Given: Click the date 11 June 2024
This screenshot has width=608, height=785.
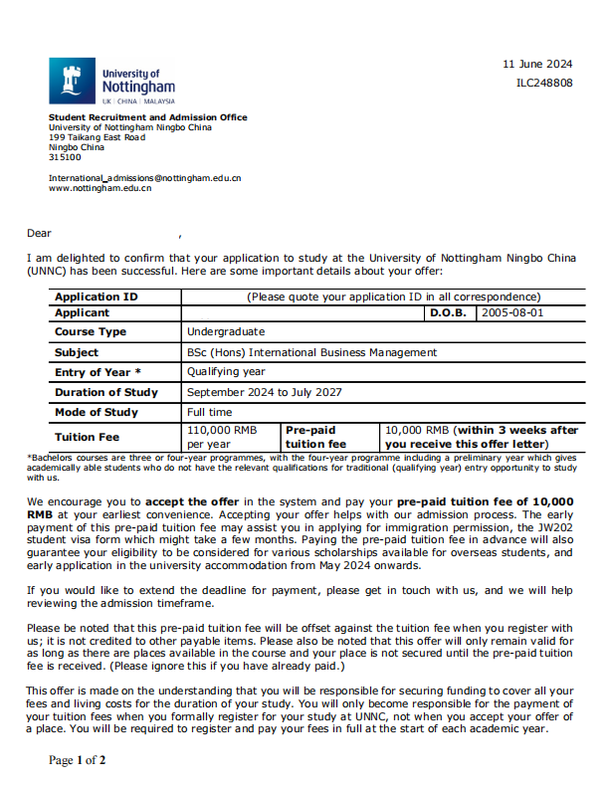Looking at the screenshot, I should (537, 64).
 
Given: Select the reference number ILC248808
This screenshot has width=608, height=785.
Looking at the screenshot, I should (544, 83).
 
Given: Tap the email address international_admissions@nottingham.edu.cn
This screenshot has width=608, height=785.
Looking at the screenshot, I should (144, 178).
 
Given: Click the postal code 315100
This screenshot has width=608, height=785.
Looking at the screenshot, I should (65, 156).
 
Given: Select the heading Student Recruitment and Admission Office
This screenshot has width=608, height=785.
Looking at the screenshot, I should (147, 117).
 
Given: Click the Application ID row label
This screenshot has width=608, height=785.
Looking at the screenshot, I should (96, 296).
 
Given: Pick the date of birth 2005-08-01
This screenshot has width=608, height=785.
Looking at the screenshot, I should (511, 312).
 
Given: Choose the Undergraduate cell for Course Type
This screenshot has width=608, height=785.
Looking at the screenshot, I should (226, 331).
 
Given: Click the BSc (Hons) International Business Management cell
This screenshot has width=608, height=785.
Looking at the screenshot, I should (311, 352).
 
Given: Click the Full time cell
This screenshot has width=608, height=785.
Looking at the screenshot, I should (210, 412).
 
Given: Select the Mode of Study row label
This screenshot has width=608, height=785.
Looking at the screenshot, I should (97, 412).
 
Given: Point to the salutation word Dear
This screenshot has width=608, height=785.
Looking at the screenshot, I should (39, 234).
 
